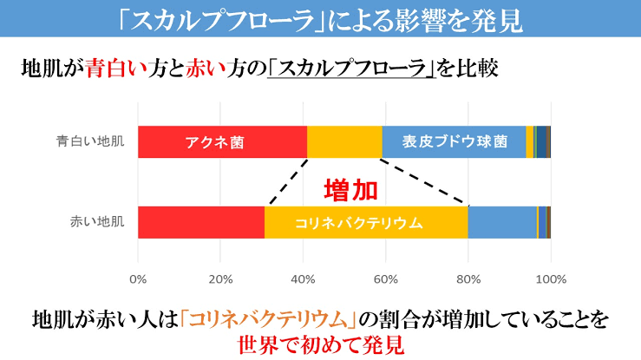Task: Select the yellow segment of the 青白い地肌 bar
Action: coord(344,141)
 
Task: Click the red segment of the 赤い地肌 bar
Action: coord(200,221)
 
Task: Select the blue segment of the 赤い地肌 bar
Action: coord(502,221)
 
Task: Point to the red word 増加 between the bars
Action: coord(350,189)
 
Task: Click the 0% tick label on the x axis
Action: coord(138,279)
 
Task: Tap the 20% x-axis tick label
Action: coord(219,279)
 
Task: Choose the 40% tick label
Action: coord(303,279)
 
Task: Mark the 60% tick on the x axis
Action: coord(385,279)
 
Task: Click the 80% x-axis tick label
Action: coord(468,279)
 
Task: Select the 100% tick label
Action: coord(551,279)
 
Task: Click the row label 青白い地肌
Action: coord(95,141)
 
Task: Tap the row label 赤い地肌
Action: coord(99,221)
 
